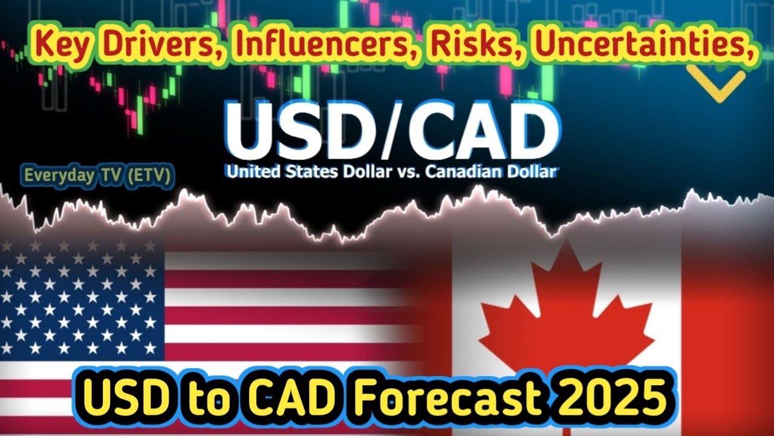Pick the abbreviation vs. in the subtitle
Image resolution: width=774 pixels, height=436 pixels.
click(405, 172)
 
